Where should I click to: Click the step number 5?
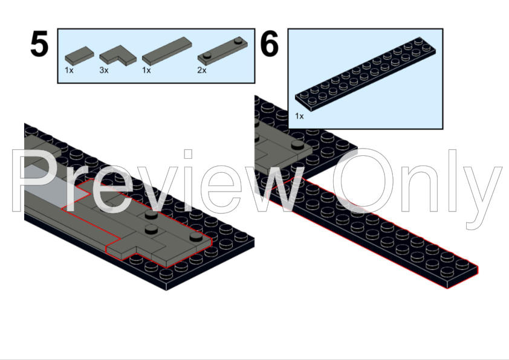point(39,43)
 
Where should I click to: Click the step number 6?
point(270,43)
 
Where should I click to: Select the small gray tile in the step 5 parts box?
point(80,55)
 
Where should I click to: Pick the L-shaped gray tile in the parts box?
point(118,55)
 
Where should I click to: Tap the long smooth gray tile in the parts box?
point(167,51)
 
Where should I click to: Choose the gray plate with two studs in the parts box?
point(222,51)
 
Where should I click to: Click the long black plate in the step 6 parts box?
point(366,74)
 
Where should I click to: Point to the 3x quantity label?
point(104,70)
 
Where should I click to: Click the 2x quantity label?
point(202,70)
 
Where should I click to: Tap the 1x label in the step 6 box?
point(299,116)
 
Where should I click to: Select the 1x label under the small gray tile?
point(69,70)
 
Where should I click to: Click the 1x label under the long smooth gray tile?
point(146,70)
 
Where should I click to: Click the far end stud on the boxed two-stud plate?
point(239,40)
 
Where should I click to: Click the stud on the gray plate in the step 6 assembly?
point(297,144)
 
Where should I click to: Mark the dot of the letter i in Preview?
point(188,154)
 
